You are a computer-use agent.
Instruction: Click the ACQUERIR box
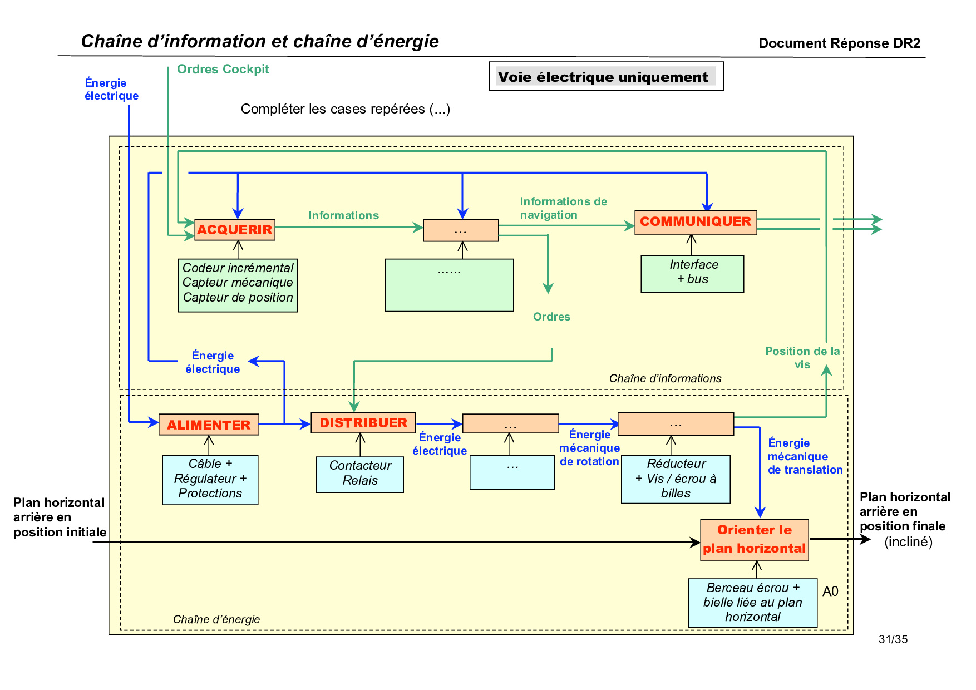pyautogui.click(x=234, y=229)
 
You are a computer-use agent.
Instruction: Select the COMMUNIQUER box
pyautogui.click(x=695, y=222)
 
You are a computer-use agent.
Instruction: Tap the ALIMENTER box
pyautogui.click(x=209, y=425)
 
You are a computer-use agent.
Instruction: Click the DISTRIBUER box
pyautogui.click(x=363, y=423)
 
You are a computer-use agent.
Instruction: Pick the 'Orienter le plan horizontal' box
pyautogui.click(x=754, y=540)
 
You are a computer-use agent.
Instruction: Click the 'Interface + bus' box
pyautogui.click(x=692, y=273)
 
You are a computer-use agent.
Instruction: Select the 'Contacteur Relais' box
pyautogui.click(x=359, y=474)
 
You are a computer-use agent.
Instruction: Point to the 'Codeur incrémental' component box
pyautogui.click(x=238, y=285)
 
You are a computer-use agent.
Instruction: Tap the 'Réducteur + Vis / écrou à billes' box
pyautogui.click(x=676, y=479)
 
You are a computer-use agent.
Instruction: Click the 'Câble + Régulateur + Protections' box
pyautogui.click(x=210, y=480)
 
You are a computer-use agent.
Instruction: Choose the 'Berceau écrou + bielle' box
pyautogui.click(x=752, y=603)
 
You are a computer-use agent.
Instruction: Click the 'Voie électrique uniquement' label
pyautogui.click(x=605, y=76)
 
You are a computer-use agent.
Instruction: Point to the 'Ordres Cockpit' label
pyautogui.click(x=223, y=70)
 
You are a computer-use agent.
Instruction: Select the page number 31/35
pyautogui.click(x=893, y=639)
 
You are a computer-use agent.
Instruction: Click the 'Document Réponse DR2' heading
pyautogui.click(x=839, y=43)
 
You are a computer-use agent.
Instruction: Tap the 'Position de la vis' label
pyautogui.click(x=802, y=358)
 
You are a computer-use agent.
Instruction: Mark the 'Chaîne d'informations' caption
pyautogui.click(x=665, y=378)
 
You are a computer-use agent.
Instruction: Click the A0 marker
pyautogui.click(x=830, y=592)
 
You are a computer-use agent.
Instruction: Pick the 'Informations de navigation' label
pyautogui.click(x=563, y=208)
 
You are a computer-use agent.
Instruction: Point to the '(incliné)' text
pyautogui.click(x=908, y=541)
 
